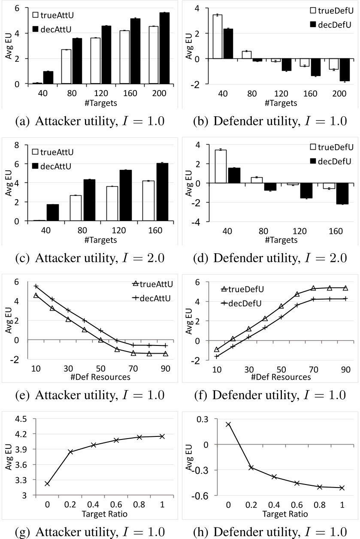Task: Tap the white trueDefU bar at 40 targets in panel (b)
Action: point(218,36)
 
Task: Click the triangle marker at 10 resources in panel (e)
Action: point(36,295)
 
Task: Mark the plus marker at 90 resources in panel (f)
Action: point(345,299)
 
